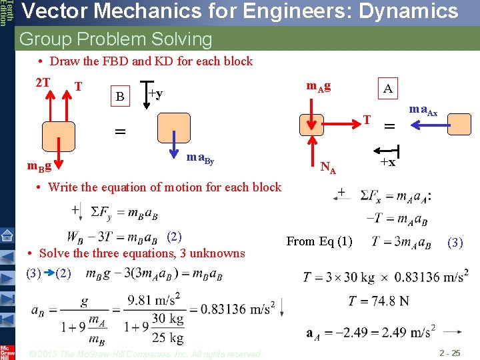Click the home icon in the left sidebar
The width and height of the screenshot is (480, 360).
(7, 235)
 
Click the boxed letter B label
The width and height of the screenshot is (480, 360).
(120, 97)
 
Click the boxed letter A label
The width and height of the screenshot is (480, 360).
(387, 89)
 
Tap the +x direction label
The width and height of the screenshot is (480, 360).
(387, 162)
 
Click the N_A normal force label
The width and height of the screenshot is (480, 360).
(329, 168)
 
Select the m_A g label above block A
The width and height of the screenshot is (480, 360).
(319, 86)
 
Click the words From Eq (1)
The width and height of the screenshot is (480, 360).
(319, 241)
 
